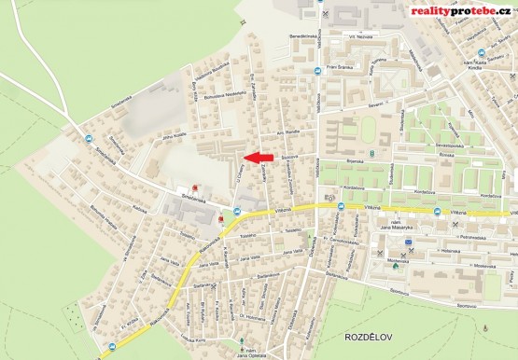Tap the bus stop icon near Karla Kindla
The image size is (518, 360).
click(481, 53)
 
